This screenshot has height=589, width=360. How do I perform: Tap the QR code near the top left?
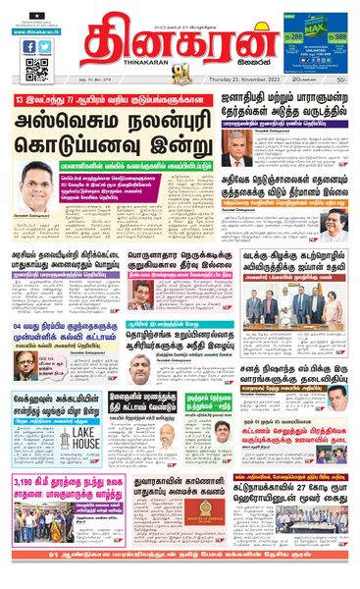tap(36, 69)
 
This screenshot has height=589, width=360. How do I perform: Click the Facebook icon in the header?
tap(29, 46)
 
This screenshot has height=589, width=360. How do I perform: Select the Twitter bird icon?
tap(45, 46)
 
